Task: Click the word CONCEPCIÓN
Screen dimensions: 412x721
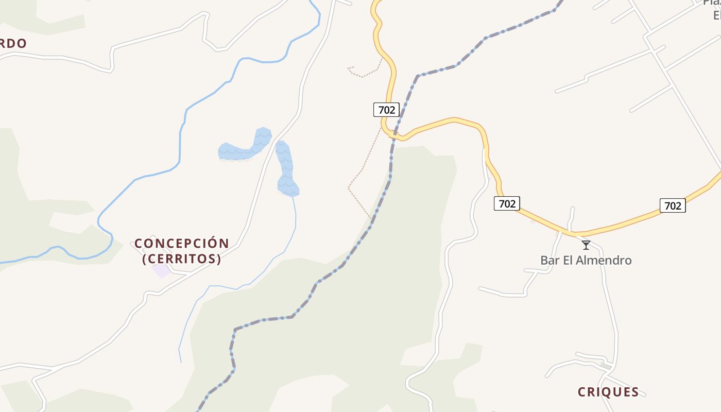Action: point(182,243)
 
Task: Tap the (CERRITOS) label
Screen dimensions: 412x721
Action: point(182,259)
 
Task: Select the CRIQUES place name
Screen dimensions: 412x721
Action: point(608,392)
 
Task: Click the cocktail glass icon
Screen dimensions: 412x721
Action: point(586,245)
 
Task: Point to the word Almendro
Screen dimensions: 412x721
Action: point(603,260)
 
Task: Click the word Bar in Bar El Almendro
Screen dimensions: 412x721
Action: point(550,260)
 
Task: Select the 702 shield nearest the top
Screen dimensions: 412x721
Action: point(386,110)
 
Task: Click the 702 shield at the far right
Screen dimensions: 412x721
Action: point(673,205)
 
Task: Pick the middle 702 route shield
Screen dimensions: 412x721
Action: point(507,203)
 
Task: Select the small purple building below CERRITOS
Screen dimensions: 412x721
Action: point(161,270)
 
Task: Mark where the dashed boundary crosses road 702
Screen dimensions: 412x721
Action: point(394,135)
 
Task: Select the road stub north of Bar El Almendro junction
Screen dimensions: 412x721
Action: point(572,219)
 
